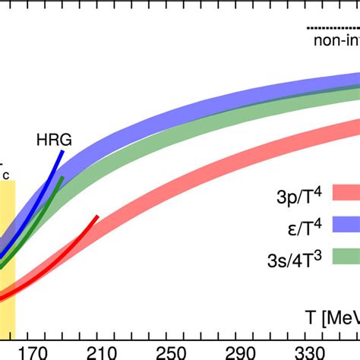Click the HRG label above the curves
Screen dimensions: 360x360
click(x=49, y=139)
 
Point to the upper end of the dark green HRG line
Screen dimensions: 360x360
click(x=64, y=178)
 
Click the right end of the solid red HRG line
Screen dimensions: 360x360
click(x=97, y=216)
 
